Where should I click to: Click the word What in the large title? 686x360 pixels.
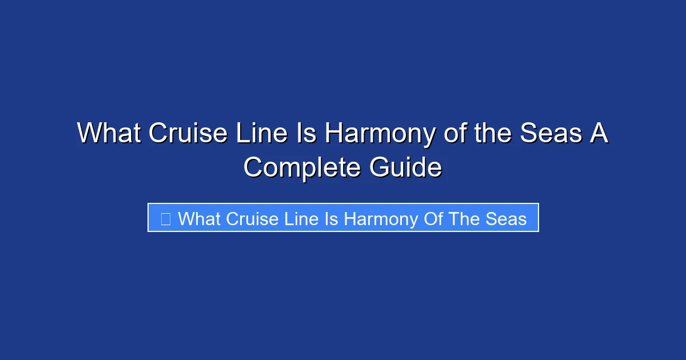tap(109, 134)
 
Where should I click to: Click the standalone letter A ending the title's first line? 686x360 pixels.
tap(599, 134)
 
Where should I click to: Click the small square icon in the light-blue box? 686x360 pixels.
tap(165, 218)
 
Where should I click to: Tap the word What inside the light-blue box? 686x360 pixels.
tap(200, 218)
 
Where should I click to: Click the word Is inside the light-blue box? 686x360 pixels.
tap(332, 218)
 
